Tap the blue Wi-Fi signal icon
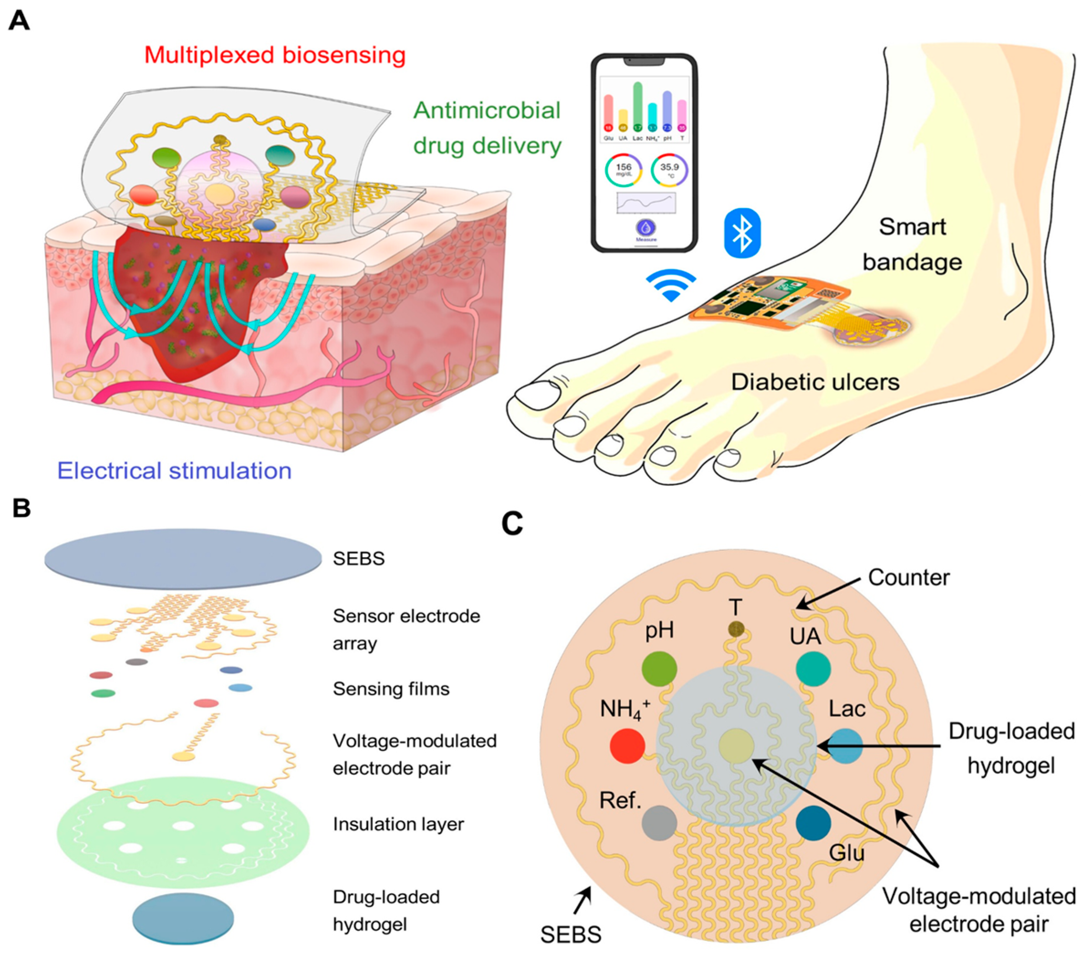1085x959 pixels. [x=671, y=285]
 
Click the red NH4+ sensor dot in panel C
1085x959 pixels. [x=627, y=746]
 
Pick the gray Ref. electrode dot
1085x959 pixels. [x=659, y=823]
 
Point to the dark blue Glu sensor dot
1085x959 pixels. [x=813, y=823]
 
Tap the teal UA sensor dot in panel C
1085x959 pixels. [x=813, y=669]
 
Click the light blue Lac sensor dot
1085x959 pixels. [x=845, y=746]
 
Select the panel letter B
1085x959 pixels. [x=22, y=508]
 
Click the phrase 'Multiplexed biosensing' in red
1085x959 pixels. [x=275, y=55]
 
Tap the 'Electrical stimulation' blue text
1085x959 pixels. [x=174, y=471]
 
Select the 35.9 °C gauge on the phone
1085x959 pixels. [x=670, y=170]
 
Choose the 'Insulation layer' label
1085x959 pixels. [x=398, y=824]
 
